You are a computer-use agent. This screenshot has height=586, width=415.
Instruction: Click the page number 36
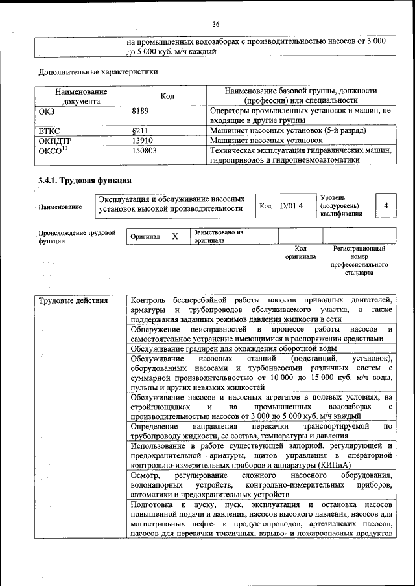click(x=216, y=24)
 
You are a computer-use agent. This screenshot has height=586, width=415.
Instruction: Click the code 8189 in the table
click(x=141, y=111)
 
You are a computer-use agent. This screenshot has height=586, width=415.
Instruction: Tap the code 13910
click(x=142, y=140)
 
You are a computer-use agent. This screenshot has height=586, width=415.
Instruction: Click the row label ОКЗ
click(x=47, y=111)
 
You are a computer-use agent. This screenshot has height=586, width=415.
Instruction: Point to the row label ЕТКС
click(x=50, y=130)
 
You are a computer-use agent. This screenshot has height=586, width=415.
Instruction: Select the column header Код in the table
click(x=167, y=96)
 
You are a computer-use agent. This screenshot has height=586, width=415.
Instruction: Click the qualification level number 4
click(x=386, y=205)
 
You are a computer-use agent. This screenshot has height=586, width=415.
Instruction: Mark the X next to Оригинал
click(x=175, y=236)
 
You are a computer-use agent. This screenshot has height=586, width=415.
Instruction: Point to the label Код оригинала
click(x=300, y=252)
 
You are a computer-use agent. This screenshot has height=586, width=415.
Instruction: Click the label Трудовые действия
click(x=73, y=300)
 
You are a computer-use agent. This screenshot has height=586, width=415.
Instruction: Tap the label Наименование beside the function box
click(x=60, y=207)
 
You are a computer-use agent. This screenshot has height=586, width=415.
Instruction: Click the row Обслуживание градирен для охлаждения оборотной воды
click(x=233, y=348)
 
